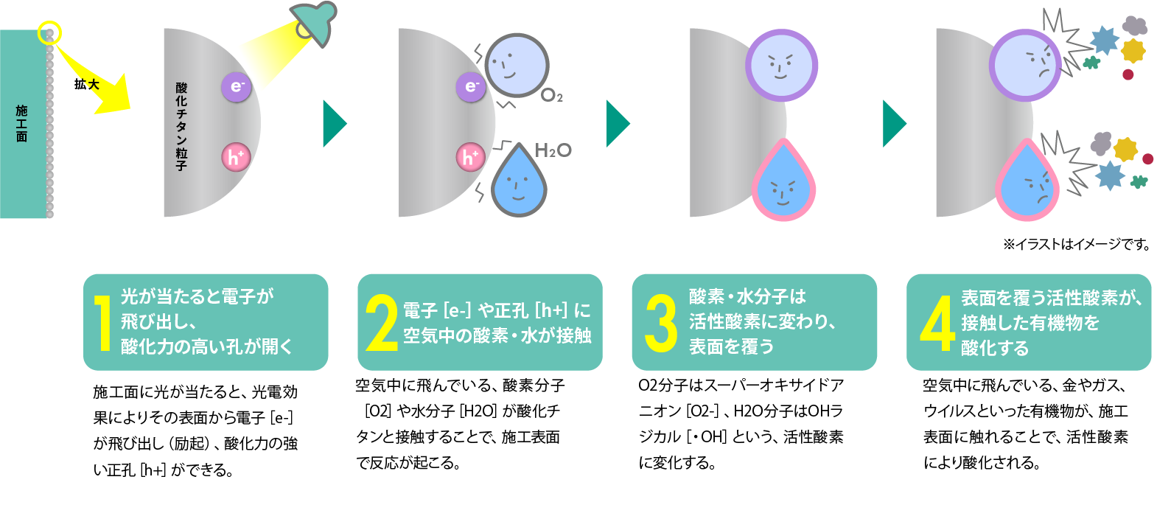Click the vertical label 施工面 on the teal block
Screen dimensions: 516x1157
click(21, 123)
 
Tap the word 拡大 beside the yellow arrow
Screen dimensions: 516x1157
click(86, 84)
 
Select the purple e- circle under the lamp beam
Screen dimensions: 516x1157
click(237, 87)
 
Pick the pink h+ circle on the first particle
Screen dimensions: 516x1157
click(236, 157)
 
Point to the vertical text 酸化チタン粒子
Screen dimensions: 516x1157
click(181, 126)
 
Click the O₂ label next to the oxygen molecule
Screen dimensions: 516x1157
click(551, 96)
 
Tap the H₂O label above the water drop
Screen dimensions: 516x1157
click(553, 151)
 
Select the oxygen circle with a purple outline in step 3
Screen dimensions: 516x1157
click(781, 65)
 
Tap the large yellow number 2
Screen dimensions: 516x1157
click(382, 323)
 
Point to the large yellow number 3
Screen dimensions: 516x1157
click(660, 323)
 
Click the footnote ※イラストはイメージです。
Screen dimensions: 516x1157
click(1076, 244)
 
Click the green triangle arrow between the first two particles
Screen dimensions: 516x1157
click(334, 123)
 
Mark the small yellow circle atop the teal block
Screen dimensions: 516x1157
click(49, 32)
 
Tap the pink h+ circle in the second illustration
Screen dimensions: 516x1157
click(469, 157)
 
